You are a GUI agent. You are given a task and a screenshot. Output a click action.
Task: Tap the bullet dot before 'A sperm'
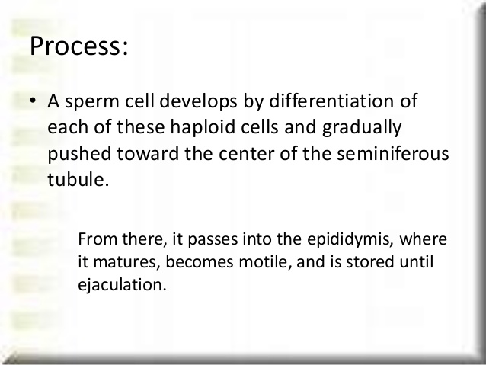tap(33, 101)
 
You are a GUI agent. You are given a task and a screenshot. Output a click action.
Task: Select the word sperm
tap(92, 102)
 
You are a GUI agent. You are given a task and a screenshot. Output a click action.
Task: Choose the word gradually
tap(362, 128)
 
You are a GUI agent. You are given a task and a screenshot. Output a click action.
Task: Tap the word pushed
tap(79, 154)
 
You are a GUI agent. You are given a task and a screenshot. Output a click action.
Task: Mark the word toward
tap(148, 154)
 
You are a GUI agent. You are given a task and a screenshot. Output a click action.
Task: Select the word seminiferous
tap(393, 153)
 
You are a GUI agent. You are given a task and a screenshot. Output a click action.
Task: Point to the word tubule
tap(78, 179)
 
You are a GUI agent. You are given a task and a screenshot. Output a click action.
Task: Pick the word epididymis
tap(350, 240)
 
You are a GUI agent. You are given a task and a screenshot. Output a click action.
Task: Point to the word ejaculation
tap(122, 285)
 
